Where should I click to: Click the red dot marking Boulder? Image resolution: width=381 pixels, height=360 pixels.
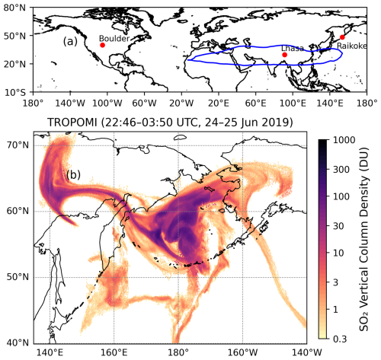click(x=103, y=45)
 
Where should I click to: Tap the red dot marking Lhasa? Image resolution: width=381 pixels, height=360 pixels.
click(x=284, y=55)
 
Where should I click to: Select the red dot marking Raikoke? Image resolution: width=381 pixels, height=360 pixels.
click(x=342, y=37)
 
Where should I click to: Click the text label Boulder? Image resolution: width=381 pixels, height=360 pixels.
click(x=114, y=37)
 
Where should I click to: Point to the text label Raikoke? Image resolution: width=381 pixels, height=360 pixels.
click(x=351, y=46)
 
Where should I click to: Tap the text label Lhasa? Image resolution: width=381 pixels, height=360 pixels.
click(x=293, y=48)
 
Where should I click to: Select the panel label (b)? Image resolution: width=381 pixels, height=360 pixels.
click(x=75, y=174)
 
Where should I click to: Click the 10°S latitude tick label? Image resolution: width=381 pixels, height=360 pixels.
click(x=14, y=92)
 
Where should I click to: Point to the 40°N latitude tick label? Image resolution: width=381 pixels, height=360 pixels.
click(x=14, y=342)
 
